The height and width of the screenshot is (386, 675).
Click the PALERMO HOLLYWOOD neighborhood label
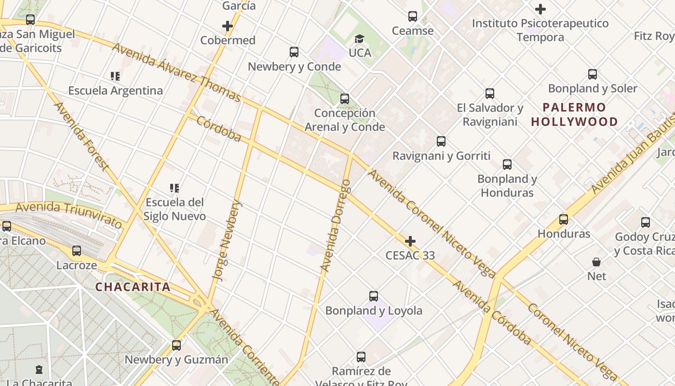pyautogui.click(x=574, y=114)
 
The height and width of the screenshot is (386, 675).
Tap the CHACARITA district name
pyautogui.click(x=133, y=287)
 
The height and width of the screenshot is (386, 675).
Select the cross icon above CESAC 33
pyautogui.click(x=410, y=241)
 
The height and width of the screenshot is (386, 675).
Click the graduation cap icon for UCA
pyautogui.click(x=360, y=39)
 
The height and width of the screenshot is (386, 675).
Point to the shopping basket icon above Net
pyautogui.click(x=596, y=262)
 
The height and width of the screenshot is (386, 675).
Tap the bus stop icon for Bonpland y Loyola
pyautogui.click(x=374, y=296)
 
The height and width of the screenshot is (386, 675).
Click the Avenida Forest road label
pyautogui.click(x=81, y=136)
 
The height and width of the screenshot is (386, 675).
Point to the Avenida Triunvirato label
pyautogui.click(x=69, y=215)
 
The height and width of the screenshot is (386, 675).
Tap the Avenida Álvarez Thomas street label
pyautogui.click(x=176, y=72)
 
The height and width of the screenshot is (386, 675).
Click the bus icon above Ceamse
pyautogui.click(x=413, y=16)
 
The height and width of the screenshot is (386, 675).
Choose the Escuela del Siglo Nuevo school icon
pyautogui.click(x=175, y=188)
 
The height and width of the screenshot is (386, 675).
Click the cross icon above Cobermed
pyautogui.click(x=228, y=26)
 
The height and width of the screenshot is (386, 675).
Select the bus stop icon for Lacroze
pyautogui.click(x=77, y=251)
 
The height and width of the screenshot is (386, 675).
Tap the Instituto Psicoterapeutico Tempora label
pyautogui.click(x=540, y=30)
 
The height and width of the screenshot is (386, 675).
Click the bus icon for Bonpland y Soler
pyautogui.click(x=593, y=74)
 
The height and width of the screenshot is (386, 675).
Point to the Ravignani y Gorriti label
pyautogui.click(x=441, y=156)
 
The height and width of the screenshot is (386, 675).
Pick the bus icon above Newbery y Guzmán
pyautogui.click(x=176, y=345)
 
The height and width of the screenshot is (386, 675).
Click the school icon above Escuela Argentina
pyautogui.click(x=115, y=76)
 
